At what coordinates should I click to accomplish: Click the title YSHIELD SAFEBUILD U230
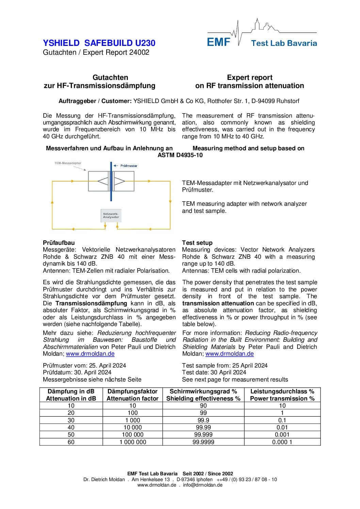[x=99, y=43]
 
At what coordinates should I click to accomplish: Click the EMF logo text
[x=218, y=42]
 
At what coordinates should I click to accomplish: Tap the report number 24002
[x=139, y=52]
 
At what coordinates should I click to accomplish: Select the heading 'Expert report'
[x=249, y=78]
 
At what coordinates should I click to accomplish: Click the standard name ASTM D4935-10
[x=180, y=155]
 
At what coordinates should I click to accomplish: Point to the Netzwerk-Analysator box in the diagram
[x=111, y=215]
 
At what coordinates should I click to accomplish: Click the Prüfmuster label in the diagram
[x=129, y=166]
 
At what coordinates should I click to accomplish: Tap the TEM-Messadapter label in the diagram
[x=68, y=163]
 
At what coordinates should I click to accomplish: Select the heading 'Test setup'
[x=197, y=243]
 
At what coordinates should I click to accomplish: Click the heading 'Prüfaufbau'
[x=59, y=243]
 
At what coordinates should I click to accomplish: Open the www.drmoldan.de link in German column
[x=90, y=354]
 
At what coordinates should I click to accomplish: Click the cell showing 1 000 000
[x=133, y=442]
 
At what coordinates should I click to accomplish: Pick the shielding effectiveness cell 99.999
[x=203, y=435]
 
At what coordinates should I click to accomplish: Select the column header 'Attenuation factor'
[x=132, y=398]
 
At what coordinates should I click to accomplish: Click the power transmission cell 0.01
[x=282, y=427]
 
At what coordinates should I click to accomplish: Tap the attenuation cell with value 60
[x=71, y=442]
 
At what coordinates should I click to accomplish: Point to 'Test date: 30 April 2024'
[x=214, y=372]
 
